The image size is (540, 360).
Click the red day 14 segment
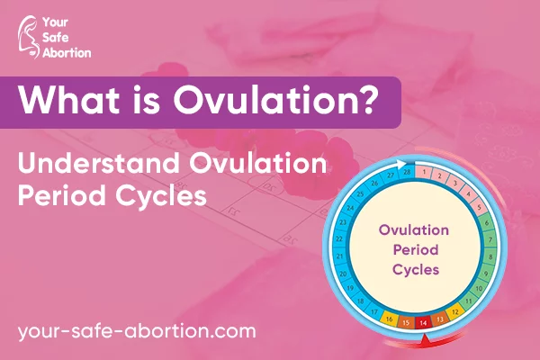[x=423, y=322]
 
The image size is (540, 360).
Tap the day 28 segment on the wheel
[x=407, y=172]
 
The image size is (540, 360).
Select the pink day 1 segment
[x=424, y=172]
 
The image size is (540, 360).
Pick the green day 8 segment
[x=490, y=256]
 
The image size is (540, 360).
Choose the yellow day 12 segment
[x=454, y=311]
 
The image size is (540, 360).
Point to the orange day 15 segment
[x=406, y=322]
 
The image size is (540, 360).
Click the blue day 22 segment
[x=339, y=238]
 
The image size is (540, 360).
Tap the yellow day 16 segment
[x=390, y=319]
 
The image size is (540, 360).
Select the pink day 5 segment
[x=479, y=207]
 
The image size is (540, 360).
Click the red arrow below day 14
[x=425, y=340]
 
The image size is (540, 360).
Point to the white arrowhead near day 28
[x=400, y=164]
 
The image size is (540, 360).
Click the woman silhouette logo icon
[x=28, y=37]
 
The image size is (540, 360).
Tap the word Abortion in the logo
[x=67, y=53]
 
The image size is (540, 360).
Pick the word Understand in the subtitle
[x=99, y=163]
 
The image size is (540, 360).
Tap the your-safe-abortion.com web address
[x=137, y=331]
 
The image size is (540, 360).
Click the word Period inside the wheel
[x=416, y=249]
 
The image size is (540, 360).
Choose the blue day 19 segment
[x=349, y=288]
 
